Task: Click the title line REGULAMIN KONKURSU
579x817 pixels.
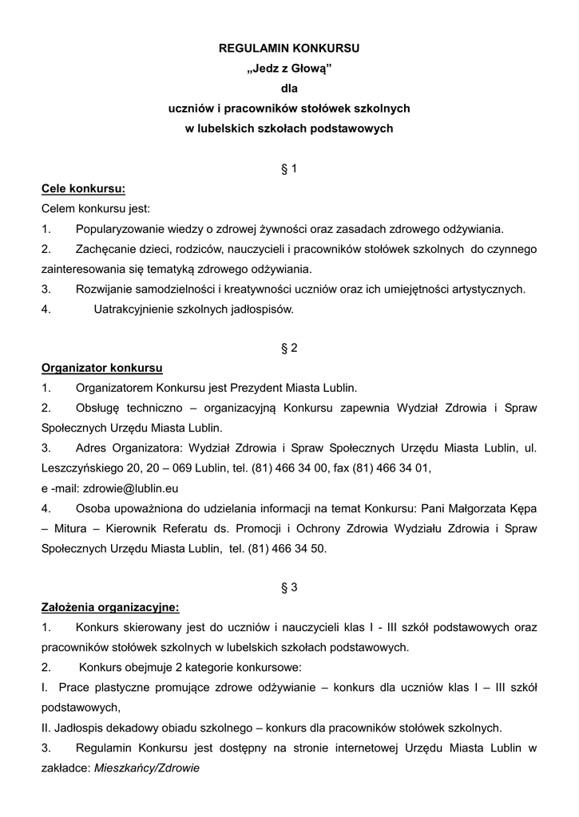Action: (289, 48)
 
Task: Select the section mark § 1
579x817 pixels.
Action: (289, 168)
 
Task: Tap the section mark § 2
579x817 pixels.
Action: (289, 348)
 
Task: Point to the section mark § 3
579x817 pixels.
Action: (289, 587)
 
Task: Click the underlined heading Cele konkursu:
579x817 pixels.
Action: (83, 189)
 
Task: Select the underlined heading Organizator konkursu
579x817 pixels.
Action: (101, 368)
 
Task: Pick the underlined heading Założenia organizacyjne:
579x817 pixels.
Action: (110, 607)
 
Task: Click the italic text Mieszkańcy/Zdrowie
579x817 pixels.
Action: (146, 768)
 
